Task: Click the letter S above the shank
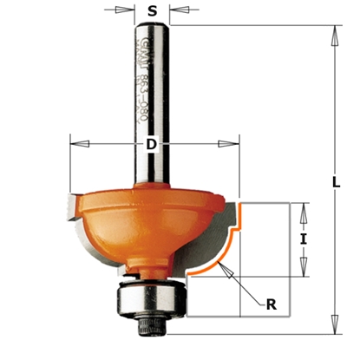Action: pos(153,12)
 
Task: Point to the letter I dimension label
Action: pos(304,239)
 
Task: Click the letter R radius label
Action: pos(272,304)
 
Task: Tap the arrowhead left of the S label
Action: pos(132,11)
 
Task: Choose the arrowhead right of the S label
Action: pos(173,11)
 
